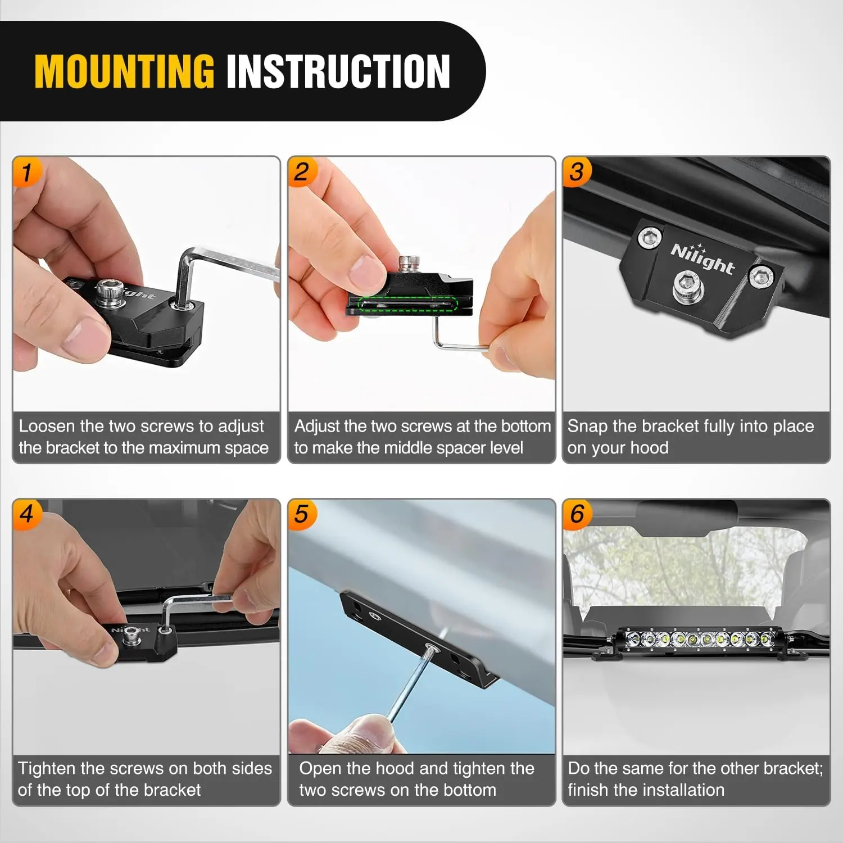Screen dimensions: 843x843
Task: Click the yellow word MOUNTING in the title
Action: (124, 71)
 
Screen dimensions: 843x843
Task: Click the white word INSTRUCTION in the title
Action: (338, 71)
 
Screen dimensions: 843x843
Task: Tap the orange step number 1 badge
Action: (26, 171)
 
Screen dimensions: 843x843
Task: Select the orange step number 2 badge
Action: (302, 171)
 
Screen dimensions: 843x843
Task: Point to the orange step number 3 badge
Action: (577, 171)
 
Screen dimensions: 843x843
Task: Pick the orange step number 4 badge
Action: (26, 514)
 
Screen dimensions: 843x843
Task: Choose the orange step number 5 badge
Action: (302, 514)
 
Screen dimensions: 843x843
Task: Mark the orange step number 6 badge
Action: (577, 514)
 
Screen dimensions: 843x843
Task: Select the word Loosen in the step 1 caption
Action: (47, 426)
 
